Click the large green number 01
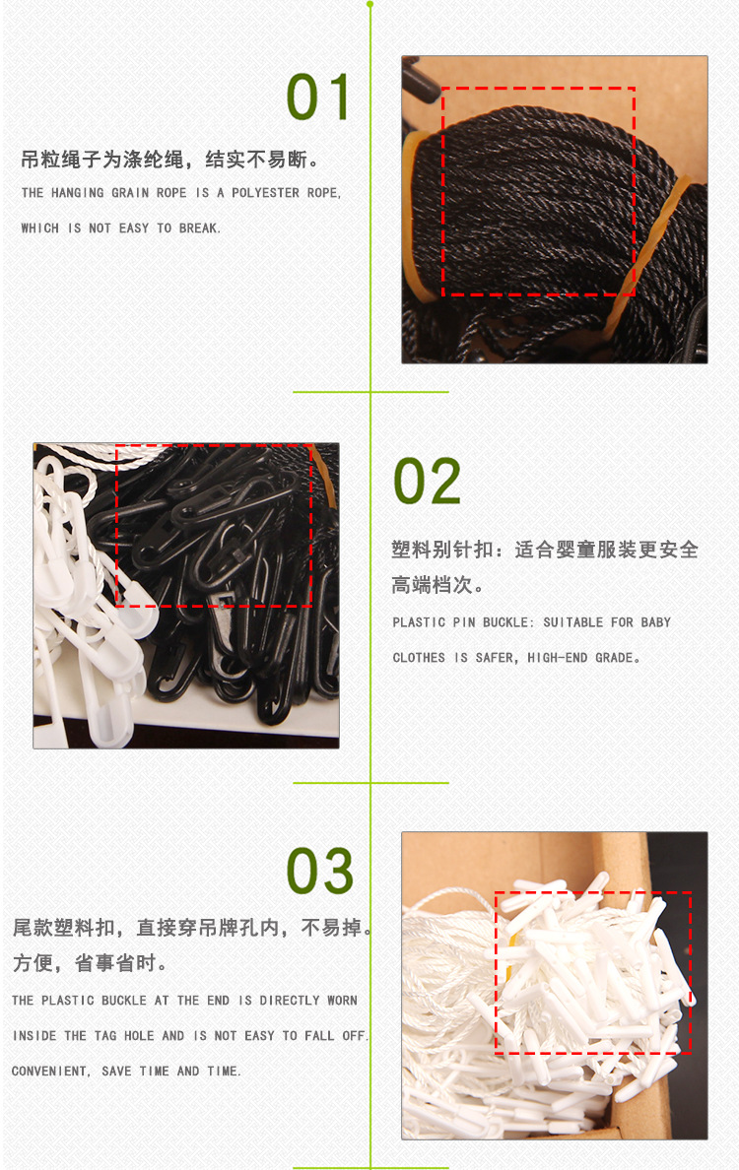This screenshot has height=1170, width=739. pos(318,97)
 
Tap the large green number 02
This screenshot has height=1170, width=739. pos(427,482)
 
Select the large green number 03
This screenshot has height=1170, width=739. pos(320,871)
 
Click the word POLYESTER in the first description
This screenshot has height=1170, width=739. pos(265,192)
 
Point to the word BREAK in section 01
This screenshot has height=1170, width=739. pos(198,228)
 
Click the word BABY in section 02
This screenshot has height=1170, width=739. pos(655,622)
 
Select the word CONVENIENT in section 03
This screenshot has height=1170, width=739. pos(49,1071)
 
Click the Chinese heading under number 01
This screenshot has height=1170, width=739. pos(169,159)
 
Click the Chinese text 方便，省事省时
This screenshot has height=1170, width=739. pos(89,962)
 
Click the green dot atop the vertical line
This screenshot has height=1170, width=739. pos(370,5)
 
